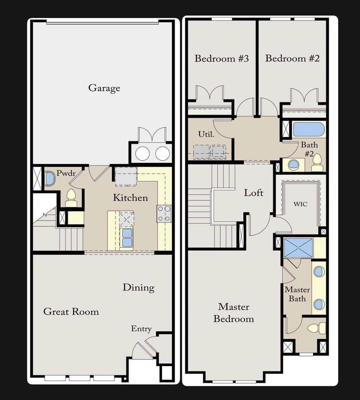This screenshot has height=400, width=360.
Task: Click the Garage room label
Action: [104, 88]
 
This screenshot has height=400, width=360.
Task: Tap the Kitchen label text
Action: [130, 198]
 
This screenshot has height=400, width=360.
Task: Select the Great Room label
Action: [71, 312]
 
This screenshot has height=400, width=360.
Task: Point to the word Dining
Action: [138, 288]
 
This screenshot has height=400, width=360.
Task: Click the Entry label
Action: [141, 329]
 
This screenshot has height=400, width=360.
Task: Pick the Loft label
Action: [253, 193]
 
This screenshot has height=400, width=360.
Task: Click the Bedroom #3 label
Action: [222, 59]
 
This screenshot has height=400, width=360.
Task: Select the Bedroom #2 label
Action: [292, 59]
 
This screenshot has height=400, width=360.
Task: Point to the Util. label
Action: [206, 134]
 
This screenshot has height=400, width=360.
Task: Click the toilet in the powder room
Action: [71, 197]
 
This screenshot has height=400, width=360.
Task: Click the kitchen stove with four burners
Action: [164, 213]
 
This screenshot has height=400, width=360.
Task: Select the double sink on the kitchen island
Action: [127, 237]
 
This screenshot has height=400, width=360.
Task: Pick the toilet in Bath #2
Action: [317, 163]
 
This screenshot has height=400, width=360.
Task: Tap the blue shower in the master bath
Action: [298, 248]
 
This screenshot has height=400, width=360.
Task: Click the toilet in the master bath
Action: [316, 328]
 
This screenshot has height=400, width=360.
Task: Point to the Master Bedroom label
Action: [233, 313]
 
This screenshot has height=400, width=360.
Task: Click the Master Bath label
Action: [297, 294]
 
